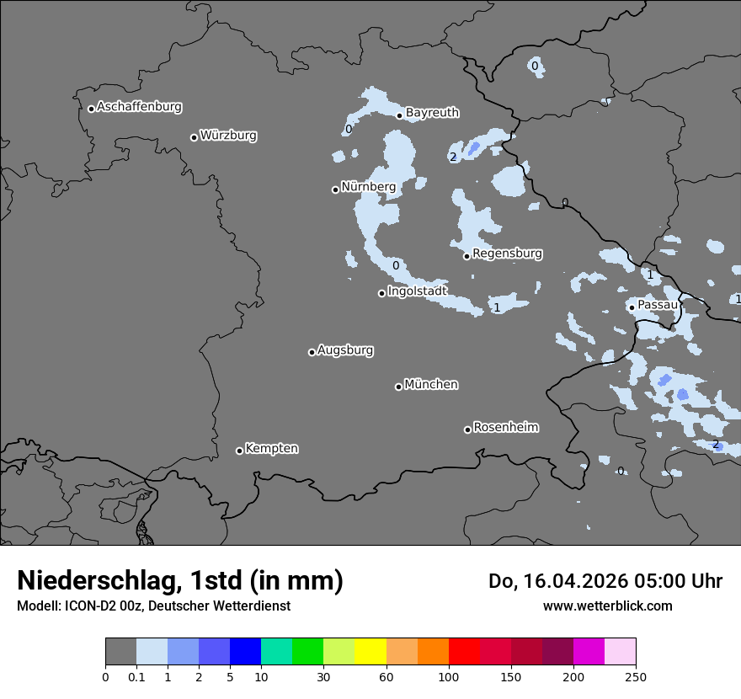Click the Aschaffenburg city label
tap(139, 107)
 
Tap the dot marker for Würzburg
tap(194, 137)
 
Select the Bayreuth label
tap(432, 112)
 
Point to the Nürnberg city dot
tap(335, 189)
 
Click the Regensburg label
tap(507, 253)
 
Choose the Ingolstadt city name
tap(417, 291)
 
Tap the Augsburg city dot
tap(312, 352)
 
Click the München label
tap(431, 384)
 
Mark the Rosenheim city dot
tap(467, 430)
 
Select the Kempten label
tap(271, 448)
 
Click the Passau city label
tap(658, 304)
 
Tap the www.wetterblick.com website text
tap(607, 606)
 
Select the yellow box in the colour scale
tap(370, 652)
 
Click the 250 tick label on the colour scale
tap(636, 676)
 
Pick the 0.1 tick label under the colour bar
tap(136, 676)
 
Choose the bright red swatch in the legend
tap(464, 652)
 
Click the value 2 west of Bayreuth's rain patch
tap(453, 157)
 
